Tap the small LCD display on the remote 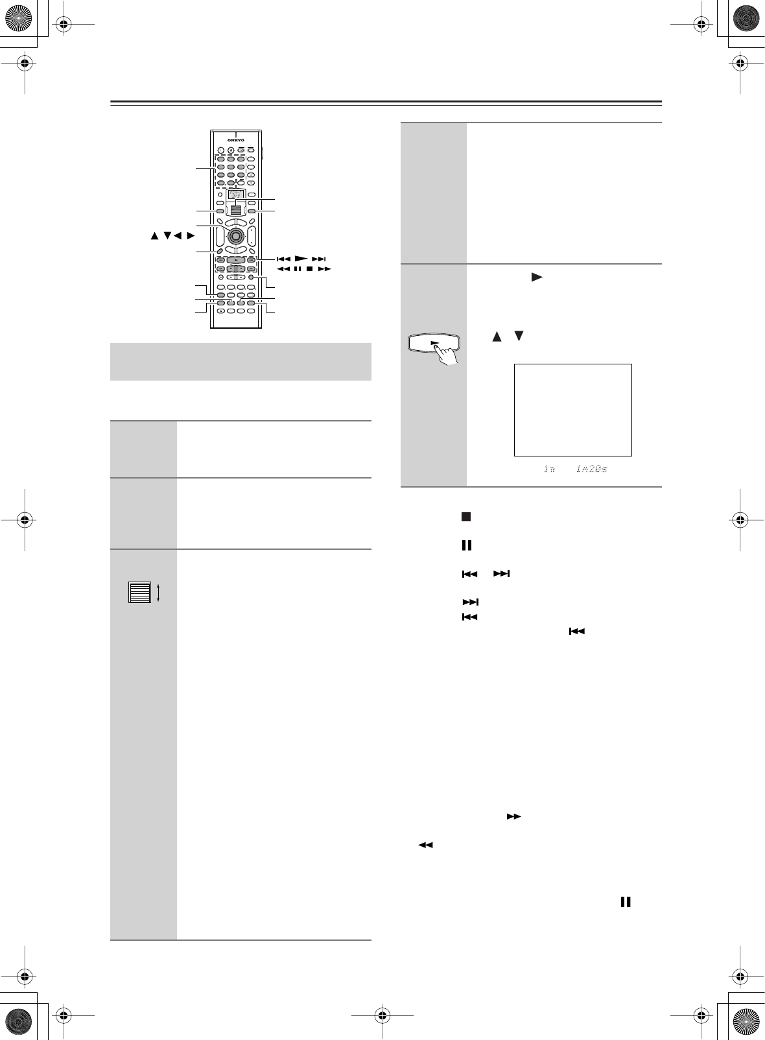[x=236, y=194]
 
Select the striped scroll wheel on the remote [x=236, y=208]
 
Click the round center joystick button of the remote [x=236, y=234]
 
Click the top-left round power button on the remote [x=220, y=150]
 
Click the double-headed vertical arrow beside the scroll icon [x=158, y=593]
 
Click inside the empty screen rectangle [x=572, y=410]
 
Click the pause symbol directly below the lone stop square [x=466, y=545]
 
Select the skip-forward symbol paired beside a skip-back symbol [x=502, y=574]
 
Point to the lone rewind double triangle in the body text [x=425, y=845]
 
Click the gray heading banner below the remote [x=241, y=361]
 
